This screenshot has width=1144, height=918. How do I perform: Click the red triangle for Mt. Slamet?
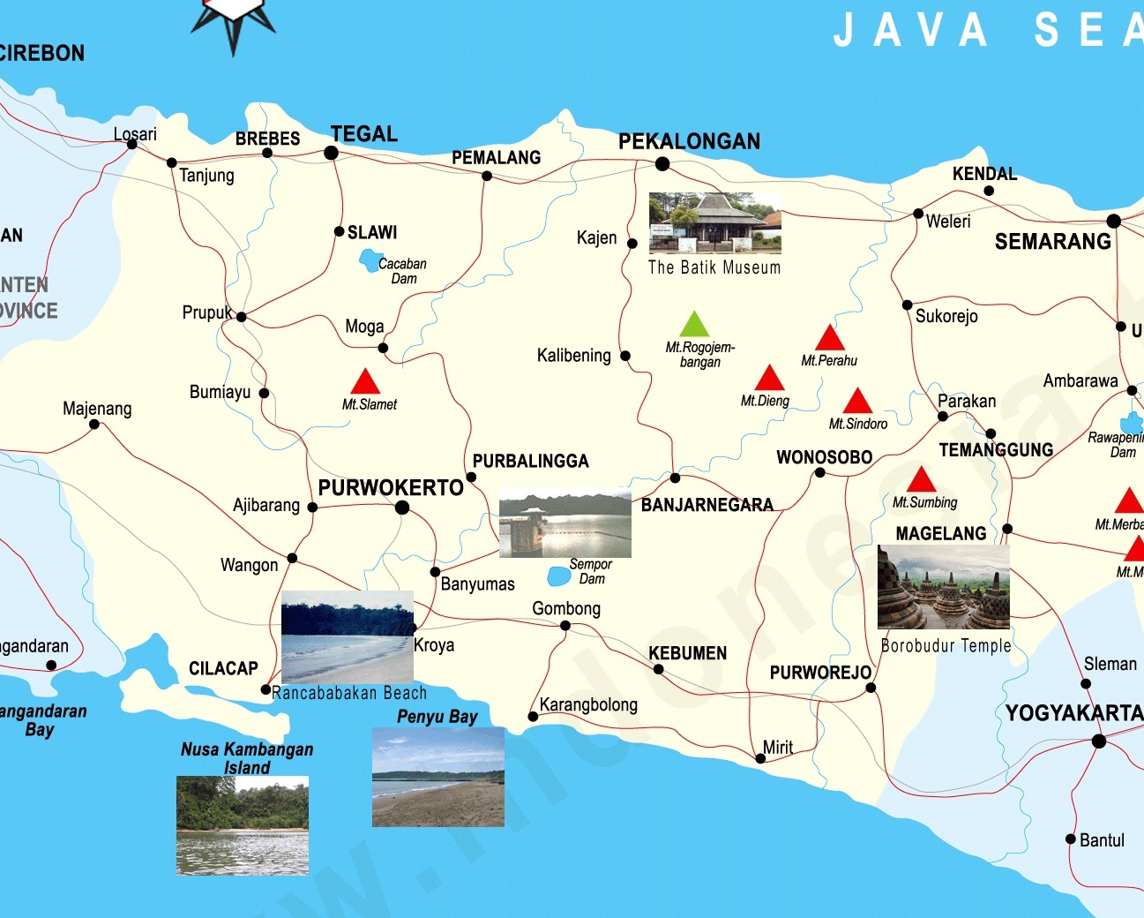[x=365, y=383]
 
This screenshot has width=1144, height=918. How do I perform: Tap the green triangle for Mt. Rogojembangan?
[x=694, y=326]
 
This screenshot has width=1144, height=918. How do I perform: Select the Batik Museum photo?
[x=714, y=223]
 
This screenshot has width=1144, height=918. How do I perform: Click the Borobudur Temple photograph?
[x=943, y=587]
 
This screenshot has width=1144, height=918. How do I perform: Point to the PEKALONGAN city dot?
[x=662, y=164]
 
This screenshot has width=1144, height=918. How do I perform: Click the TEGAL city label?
[x=363, y=134]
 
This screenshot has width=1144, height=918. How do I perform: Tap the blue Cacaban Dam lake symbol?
[x=369, y=260]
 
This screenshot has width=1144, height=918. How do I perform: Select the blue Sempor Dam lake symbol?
[x=558, y=576]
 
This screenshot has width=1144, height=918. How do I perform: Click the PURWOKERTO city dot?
[x=402, y=508]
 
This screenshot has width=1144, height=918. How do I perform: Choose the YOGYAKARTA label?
[x=1073, y=713]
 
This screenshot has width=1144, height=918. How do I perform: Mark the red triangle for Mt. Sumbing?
[x=921, y=481]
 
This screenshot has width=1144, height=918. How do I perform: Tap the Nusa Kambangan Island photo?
[x=243, y=825]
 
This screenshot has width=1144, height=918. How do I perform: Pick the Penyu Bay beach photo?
[x=437, y=777]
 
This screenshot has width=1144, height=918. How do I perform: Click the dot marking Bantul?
[x=1071, y=839]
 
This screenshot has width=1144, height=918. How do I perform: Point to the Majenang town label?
[x=97, y=409]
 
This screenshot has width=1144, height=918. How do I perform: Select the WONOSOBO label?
[x=824, y=457]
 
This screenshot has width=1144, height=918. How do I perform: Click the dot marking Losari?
[x=132, y=145]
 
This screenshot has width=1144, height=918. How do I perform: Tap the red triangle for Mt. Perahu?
[x=829, y=339]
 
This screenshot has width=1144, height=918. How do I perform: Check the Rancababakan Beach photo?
[x=348, y=636]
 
